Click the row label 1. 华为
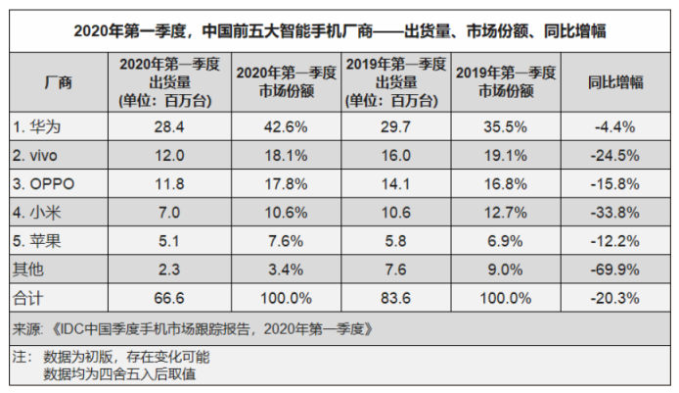pyautogui.click(x=37, y=125)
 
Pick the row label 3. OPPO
pyautogui.click(x=43, y=180)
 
